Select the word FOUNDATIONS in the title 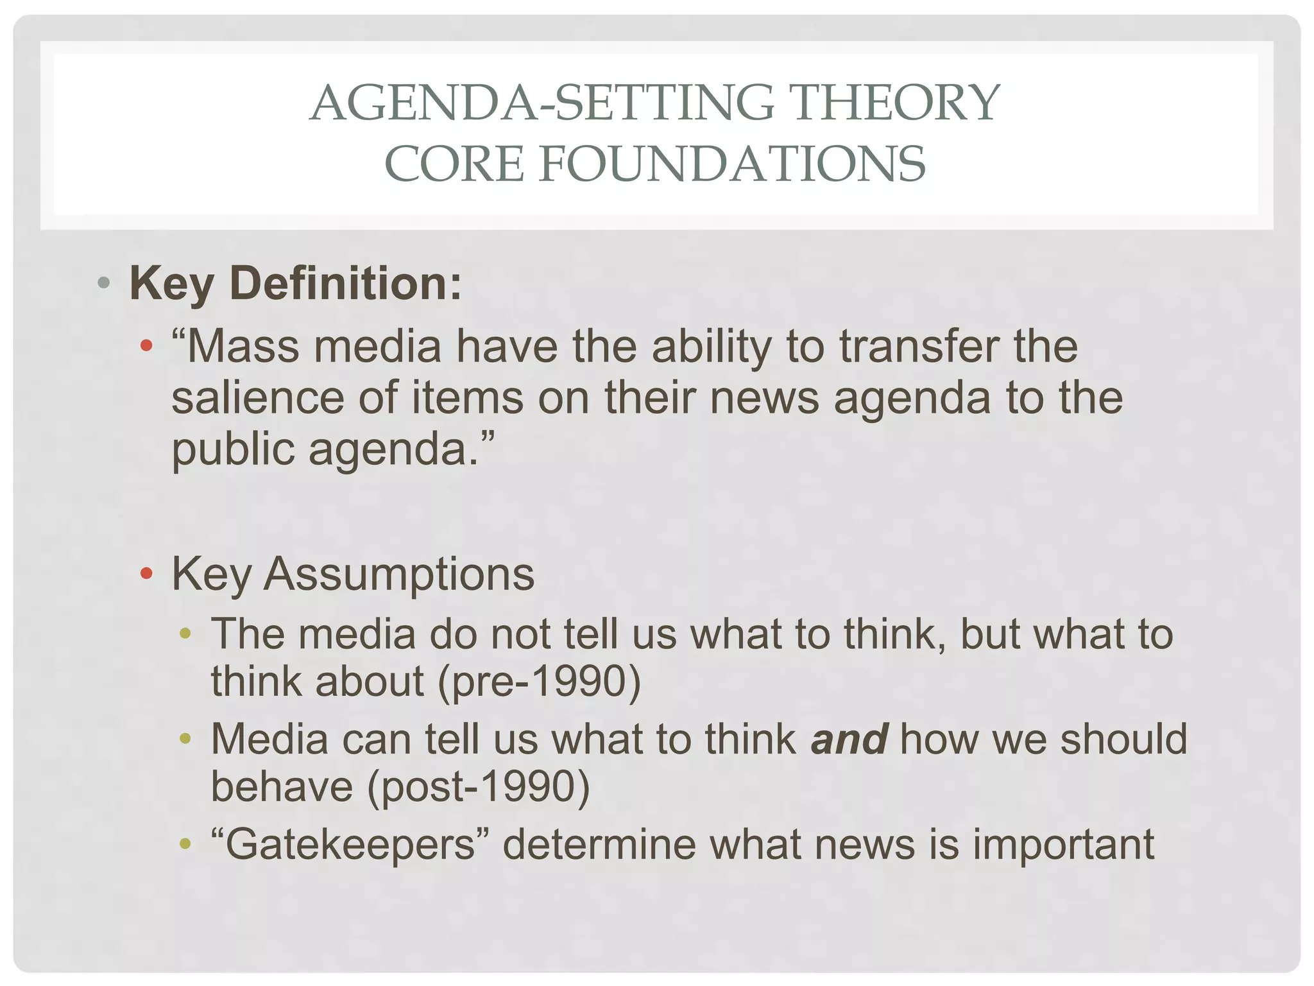tap(732, 164)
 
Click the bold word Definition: tap(346, 283)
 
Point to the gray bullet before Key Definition tap(104, 283)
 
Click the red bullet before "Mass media tap(147, 346)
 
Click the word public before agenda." tap(233, 449)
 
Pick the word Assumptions tap(398, 573)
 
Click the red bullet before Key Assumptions tap(147, 573)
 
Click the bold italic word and tap(849, 739)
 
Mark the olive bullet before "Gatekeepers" tap(185, 844)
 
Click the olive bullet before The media tap(185, 634)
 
